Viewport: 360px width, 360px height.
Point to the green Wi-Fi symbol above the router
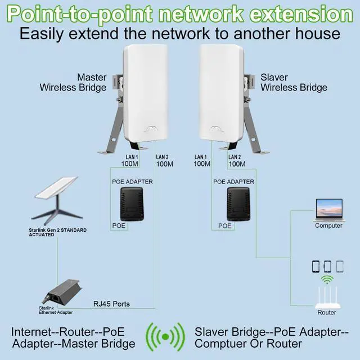(327, 280)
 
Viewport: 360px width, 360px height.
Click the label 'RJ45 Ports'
(111, 304)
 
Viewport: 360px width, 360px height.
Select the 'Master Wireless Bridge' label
(73, 82)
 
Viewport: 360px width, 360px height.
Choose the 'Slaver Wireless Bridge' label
(294, 82)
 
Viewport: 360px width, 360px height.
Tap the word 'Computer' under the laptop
(328, 226)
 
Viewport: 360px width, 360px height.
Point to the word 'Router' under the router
(327, 313)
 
